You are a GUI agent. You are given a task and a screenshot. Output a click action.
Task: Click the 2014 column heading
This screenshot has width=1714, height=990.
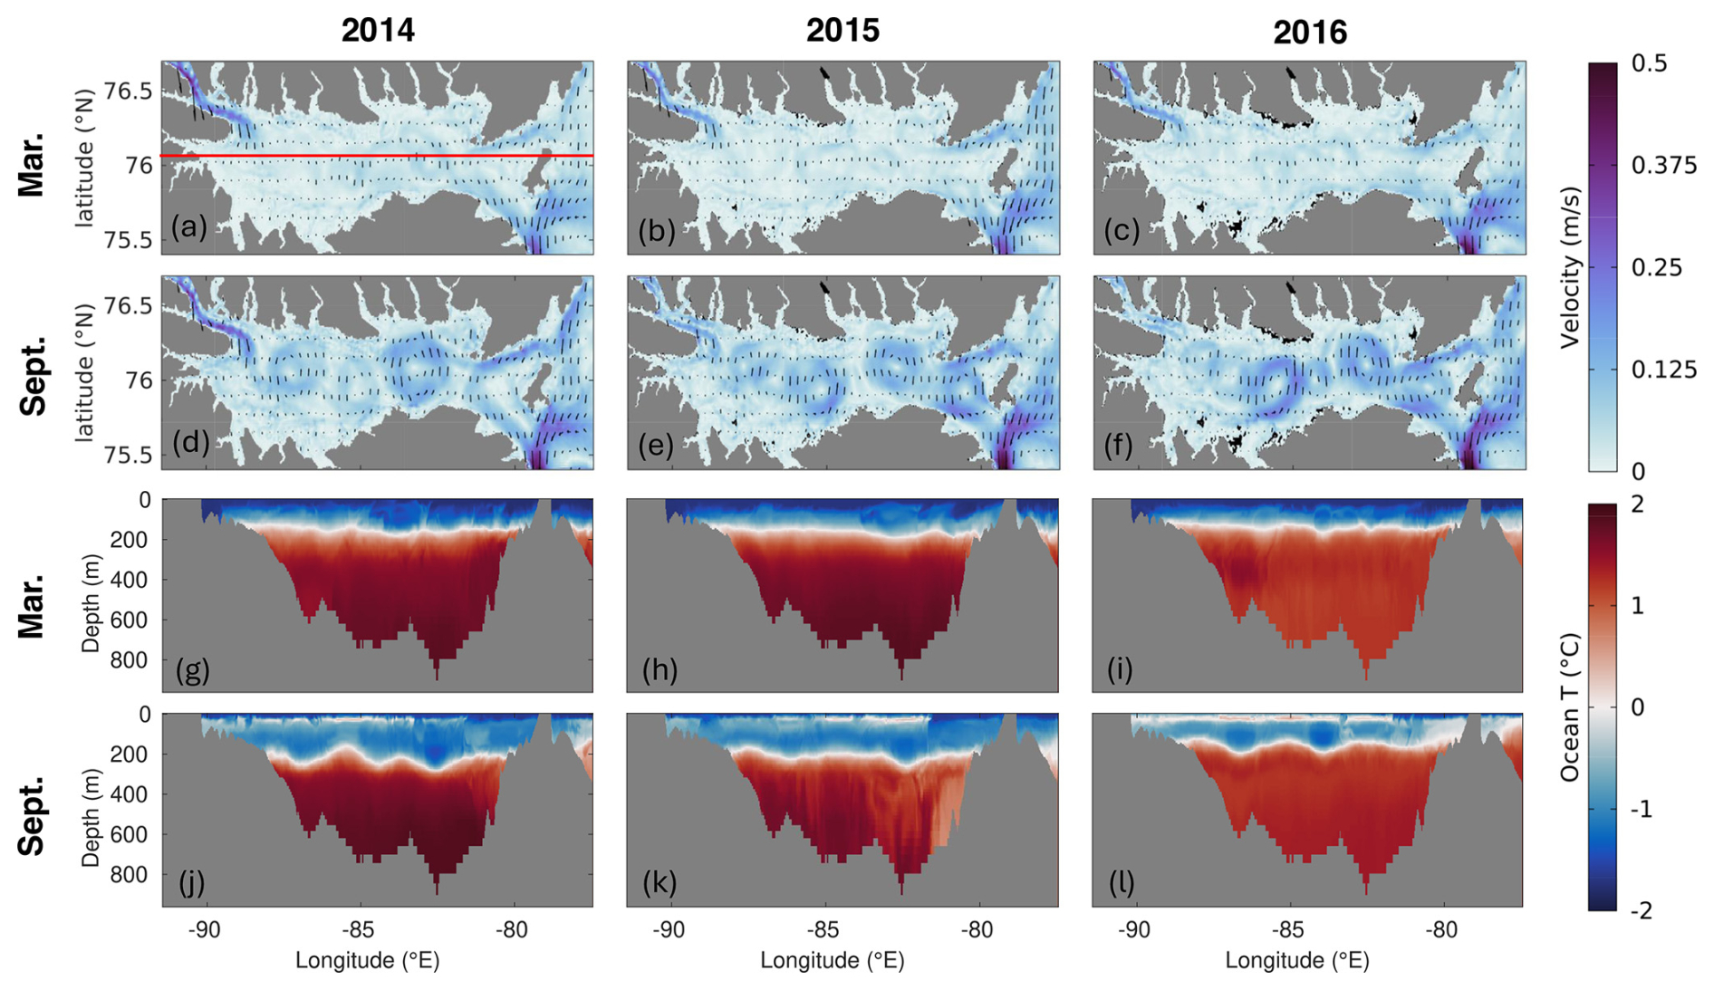378,31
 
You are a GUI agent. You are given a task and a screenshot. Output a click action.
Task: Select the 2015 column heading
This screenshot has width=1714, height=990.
843,31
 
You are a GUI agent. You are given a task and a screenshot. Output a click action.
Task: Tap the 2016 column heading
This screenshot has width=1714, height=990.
1309,33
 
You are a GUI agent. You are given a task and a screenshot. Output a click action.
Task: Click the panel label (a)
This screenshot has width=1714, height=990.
188,226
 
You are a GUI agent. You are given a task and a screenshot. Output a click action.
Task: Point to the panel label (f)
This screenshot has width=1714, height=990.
1119,445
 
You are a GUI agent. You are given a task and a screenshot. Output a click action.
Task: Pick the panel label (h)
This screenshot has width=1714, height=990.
660,670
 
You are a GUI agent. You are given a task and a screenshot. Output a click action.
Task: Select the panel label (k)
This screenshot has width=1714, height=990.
660,882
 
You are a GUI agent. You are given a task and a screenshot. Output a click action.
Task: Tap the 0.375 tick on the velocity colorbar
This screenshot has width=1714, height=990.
1663,165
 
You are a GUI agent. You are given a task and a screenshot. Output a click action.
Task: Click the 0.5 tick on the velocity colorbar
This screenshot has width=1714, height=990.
1649,63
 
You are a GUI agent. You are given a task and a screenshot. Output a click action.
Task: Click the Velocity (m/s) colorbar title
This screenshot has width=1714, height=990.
1570,267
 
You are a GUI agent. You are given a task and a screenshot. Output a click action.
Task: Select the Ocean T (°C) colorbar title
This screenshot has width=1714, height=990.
1570,707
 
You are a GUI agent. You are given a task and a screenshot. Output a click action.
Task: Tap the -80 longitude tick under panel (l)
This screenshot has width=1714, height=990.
1441,930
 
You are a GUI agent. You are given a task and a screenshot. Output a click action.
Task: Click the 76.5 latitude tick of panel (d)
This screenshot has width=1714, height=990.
128,306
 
